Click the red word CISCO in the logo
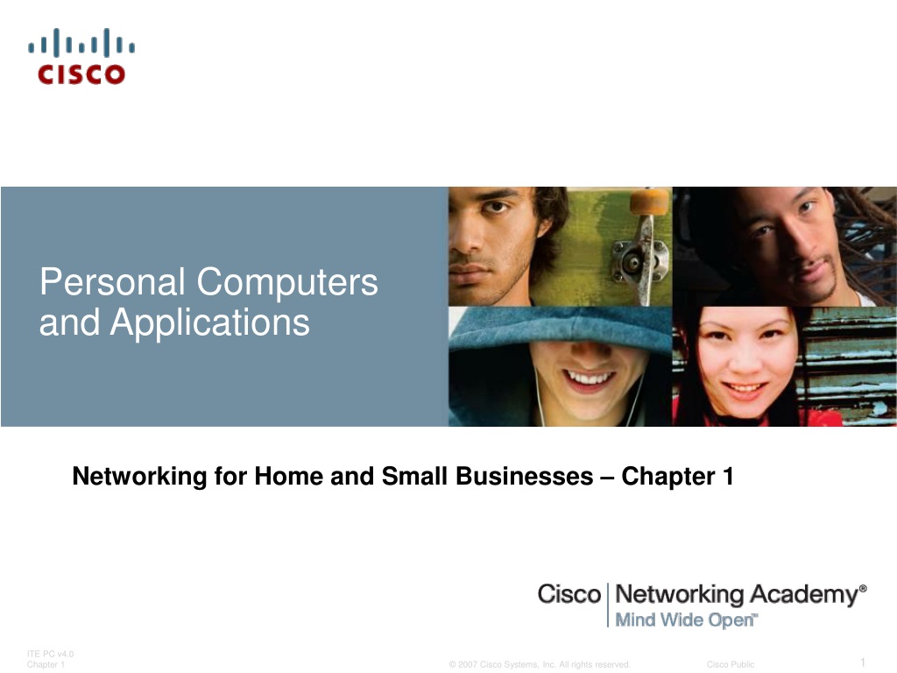point(81,74)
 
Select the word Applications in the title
point(209,323)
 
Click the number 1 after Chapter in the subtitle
point(728,476)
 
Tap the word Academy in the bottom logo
point(804,595)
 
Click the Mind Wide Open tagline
point(686,620)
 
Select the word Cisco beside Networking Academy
point(569,594)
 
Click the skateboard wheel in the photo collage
point(649,202)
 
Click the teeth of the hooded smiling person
point(588,378)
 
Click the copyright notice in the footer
point(540,664)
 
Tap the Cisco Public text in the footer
point(731,664)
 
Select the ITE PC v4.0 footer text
point(50,654)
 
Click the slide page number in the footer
point(863,662)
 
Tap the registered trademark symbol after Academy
point(863,588)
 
